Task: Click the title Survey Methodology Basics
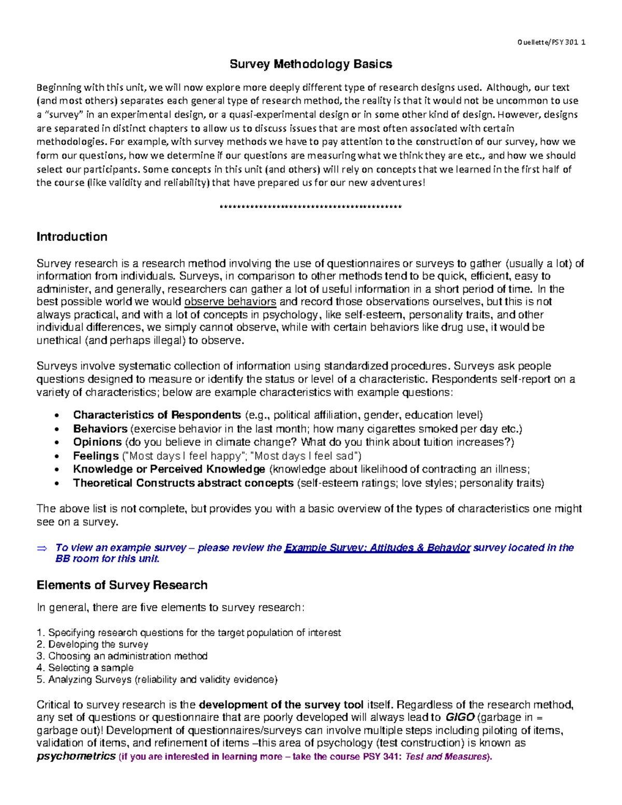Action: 310,64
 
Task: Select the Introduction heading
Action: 72,237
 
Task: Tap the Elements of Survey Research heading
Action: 122,585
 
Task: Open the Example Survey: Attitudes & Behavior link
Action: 377,548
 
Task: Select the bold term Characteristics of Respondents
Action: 157,415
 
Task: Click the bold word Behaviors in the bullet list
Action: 100,429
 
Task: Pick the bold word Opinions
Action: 97,442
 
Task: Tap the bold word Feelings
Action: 96,456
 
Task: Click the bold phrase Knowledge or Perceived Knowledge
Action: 169,470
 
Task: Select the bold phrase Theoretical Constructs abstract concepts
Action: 183,483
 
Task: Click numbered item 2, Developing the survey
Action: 92,644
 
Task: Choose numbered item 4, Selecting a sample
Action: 85,668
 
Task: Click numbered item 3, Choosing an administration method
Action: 122,656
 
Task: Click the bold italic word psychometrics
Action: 76,756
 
